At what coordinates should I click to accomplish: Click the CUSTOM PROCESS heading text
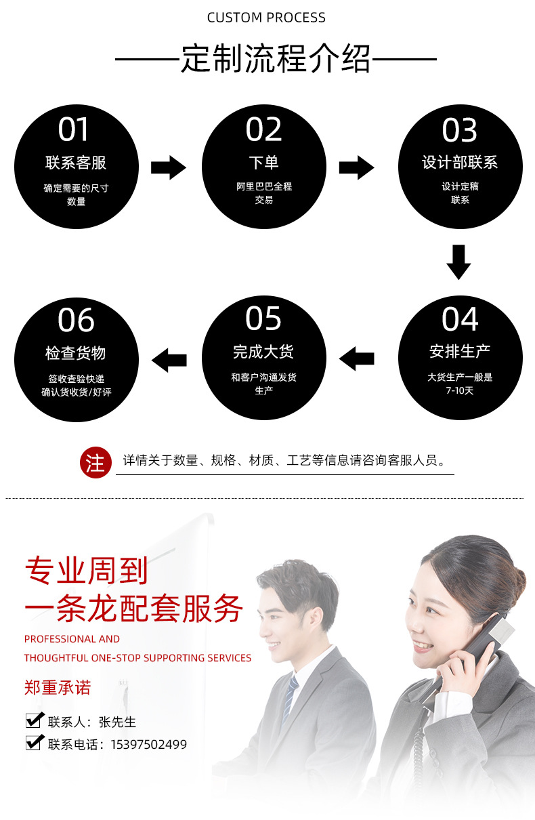pos(266,18)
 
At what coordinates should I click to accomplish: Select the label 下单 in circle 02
pos(263,163)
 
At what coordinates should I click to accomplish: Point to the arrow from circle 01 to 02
pos(168,167)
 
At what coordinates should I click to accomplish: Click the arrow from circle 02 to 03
pos(356,167)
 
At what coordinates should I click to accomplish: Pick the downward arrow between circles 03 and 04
pos(458,262)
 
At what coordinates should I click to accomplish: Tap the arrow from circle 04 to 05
pos(356,358)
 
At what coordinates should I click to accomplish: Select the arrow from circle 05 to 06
pos(169,359)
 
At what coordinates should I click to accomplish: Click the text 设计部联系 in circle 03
pos(459,163)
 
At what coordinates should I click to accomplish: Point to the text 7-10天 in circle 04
pos(460,391)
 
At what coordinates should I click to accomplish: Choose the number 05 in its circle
pos(263,319)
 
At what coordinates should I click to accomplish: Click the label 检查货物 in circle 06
pos(76,353)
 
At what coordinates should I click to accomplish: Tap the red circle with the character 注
pos(95,464)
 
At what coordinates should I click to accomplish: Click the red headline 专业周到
pos(86,571)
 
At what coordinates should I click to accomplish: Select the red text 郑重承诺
pos(58,688)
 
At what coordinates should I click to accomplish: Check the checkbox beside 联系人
pos(34,720)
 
